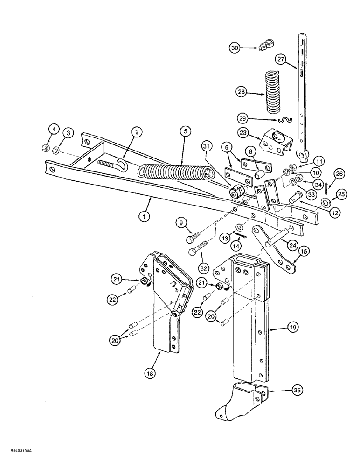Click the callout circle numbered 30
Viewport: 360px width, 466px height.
235,47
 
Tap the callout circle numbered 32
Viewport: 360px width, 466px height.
205,268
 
